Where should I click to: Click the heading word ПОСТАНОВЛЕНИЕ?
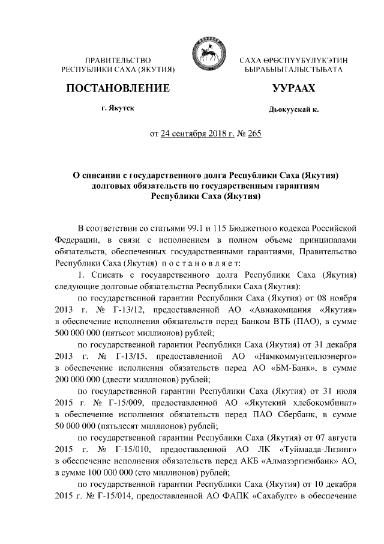118,88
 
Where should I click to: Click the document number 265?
254,133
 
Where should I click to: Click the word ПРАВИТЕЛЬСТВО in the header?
118,61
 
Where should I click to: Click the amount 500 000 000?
81,333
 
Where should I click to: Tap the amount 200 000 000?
81,380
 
